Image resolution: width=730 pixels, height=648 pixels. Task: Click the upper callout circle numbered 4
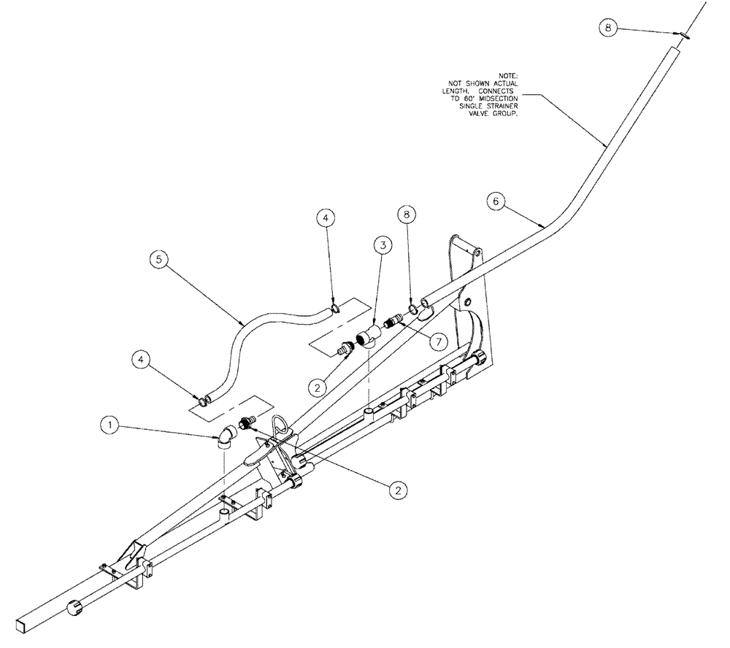pyautogui.click(x=326, y=217)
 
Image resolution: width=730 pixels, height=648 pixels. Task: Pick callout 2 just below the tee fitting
pyautogui.click(x=317, y=387)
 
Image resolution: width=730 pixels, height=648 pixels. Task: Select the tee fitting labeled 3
pyautogui.click(x=365, y=339)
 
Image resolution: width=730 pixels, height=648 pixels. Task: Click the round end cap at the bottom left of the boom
pyautogui.click(x=76, y=608)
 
